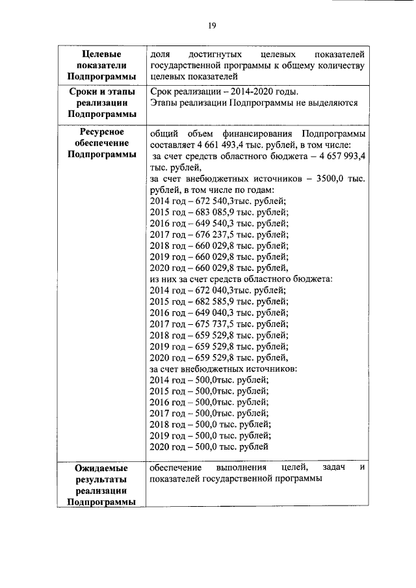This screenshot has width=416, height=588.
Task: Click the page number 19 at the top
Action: click(x=211, y=25)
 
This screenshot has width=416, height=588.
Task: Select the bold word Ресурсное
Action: click(x=101, y=132)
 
